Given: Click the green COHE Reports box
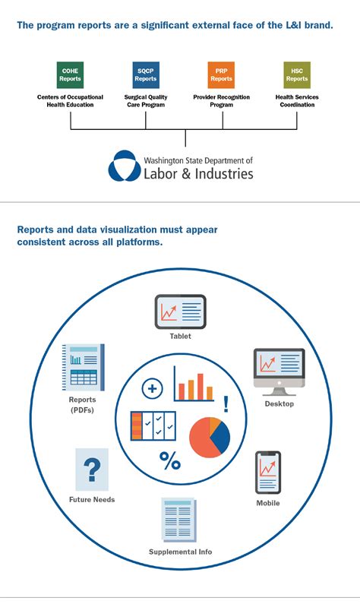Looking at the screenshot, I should coord(70,74).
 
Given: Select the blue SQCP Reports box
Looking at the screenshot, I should coord(146,74).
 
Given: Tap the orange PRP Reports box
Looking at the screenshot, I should coord(221,74).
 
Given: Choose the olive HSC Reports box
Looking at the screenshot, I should coord(297,74).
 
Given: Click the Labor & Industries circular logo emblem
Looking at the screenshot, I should coord(122,166).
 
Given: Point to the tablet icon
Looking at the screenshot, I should coord(180,311).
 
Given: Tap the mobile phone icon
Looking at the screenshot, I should coord(267,473).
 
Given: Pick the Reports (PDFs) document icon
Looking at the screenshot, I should coord(83,368).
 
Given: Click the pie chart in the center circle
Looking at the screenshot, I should coord(209,436).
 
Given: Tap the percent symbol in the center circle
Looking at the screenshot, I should coord(169,460).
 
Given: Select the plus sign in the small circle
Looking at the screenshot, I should coord(153,389).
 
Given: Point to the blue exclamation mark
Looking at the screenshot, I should coord(226,404).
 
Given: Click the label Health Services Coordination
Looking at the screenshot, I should coord(297,101).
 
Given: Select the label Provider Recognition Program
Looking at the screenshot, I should coord(221,101).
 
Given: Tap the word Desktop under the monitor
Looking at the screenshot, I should coord(279,403).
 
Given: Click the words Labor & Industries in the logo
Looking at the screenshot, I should coord(198,174).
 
